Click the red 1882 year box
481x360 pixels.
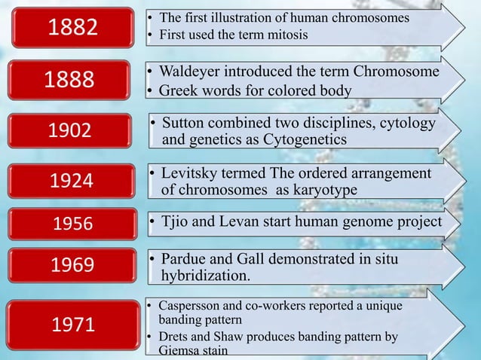tap(73, 27)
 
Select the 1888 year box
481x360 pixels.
tap(73, 81)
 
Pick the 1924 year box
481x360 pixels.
tap(72, 181)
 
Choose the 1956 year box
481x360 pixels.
tap(72, 224)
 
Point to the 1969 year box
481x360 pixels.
tap(72, 265)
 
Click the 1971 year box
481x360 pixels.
tap(72, 325)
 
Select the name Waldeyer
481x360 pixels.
tap(193, 72)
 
